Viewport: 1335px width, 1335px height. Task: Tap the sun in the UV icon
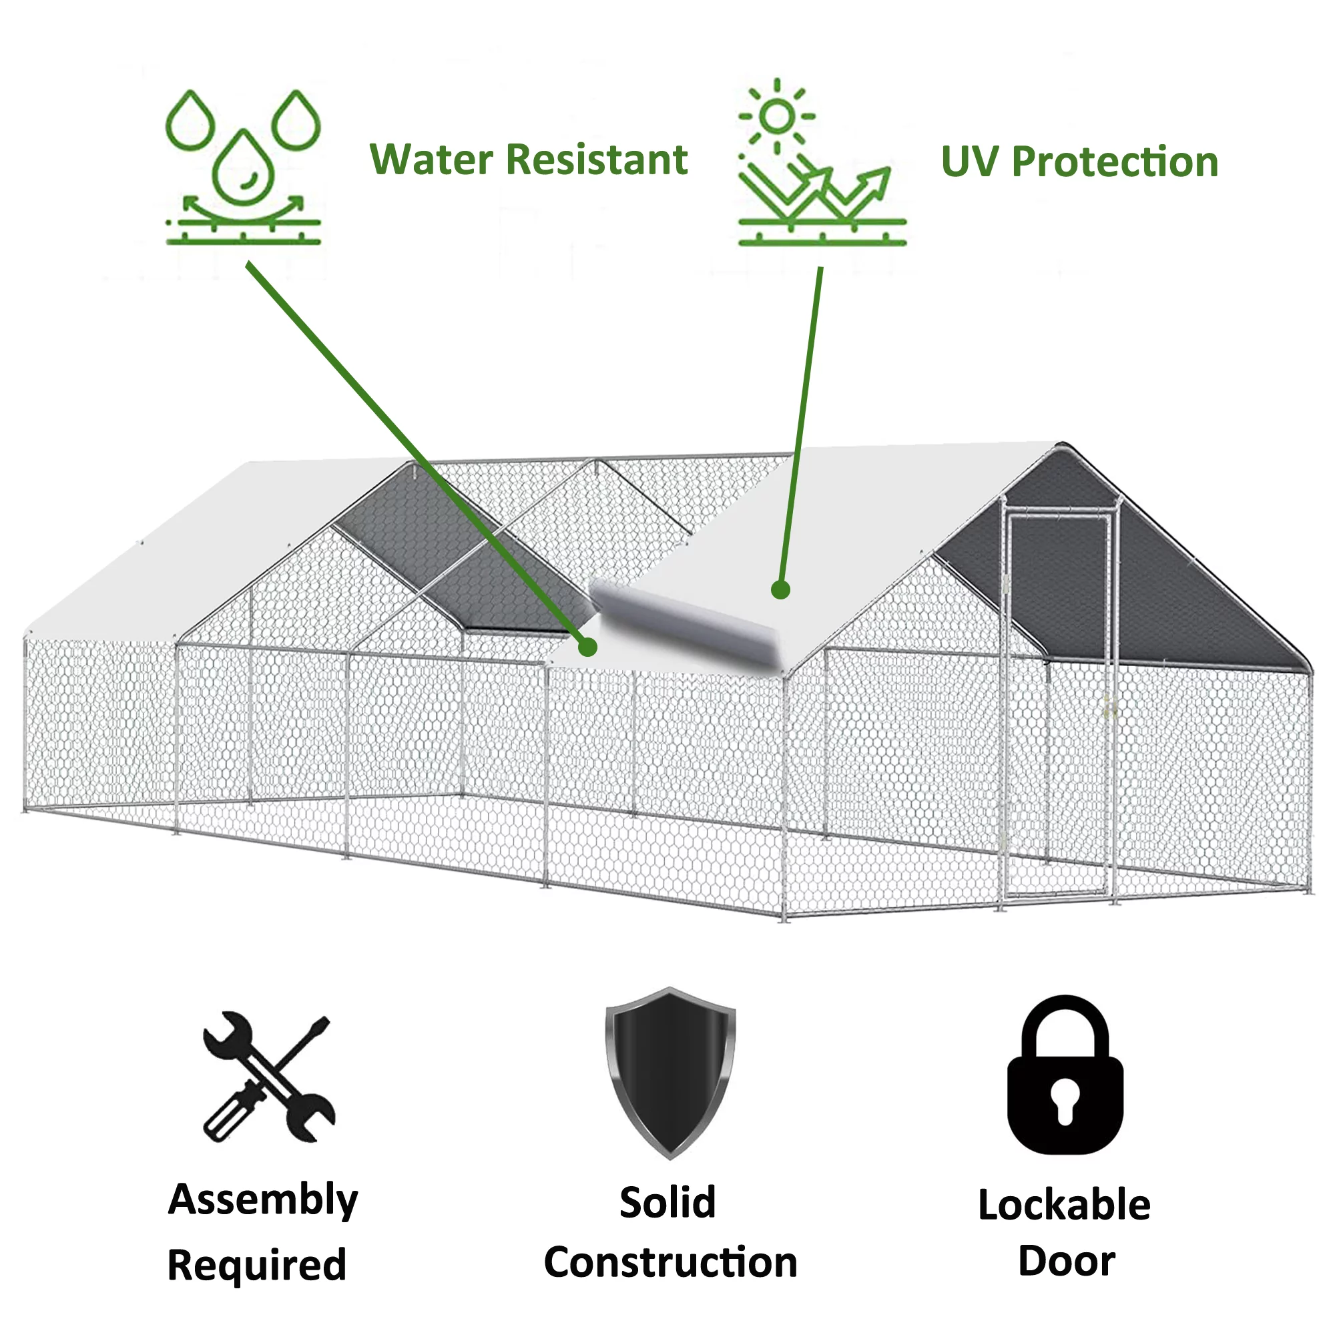coord(778,116)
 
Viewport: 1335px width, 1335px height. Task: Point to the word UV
coord(970,162)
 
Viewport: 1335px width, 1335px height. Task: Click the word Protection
coord(1115,162)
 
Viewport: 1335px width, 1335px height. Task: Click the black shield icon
coord(670,1073)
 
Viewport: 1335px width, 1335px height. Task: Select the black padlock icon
coord(1065,1075)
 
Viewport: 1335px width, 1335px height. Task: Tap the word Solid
coord(667,1202)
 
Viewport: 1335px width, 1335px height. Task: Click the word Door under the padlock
coord(1066,1261)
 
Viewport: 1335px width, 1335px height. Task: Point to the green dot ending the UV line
coord(780,589)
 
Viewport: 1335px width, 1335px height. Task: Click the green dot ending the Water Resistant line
coord(587,647)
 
